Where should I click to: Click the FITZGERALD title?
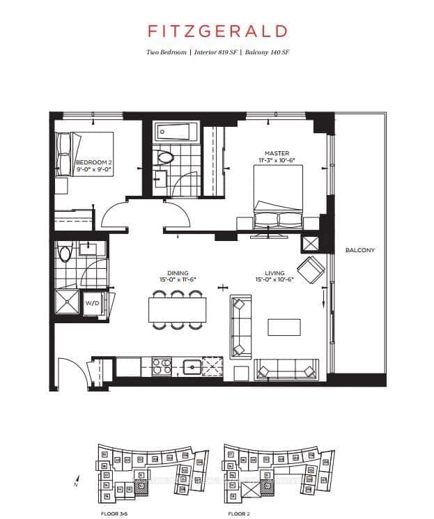tap(217, 31)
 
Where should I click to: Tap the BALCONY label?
tap(359, 250)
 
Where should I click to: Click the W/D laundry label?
tap(92, 304)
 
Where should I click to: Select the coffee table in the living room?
tap(284, 327)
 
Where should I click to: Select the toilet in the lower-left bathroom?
tap(65, 253)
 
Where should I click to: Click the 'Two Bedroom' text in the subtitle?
tap(166, 53)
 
